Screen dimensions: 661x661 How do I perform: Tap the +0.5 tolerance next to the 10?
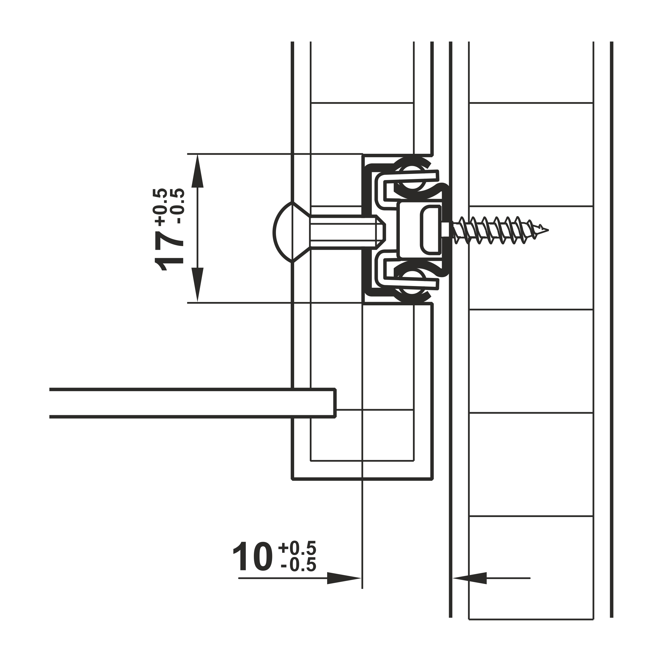(x=297, y=548)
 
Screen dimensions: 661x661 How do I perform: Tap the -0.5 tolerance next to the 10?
(x=298, y=565)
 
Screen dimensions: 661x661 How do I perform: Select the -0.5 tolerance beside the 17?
(x=178, y=206)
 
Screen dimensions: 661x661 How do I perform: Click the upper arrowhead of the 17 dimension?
(x=197, y=171)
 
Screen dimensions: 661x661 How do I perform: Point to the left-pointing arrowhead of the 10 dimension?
(x=469, y=578)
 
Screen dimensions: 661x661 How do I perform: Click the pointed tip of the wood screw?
(x=548, y=230)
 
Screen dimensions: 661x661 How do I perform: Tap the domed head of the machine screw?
(x=283, y=232)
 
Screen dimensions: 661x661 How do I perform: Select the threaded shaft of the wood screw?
(x=499, y=230)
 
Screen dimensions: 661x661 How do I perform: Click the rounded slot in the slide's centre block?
(x=430, y=230)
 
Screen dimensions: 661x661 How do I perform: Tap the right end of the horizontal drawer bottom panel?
(x=335, y=403)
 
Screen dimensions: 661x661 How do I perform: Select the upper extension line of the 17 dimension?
(x=275, y=154)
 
